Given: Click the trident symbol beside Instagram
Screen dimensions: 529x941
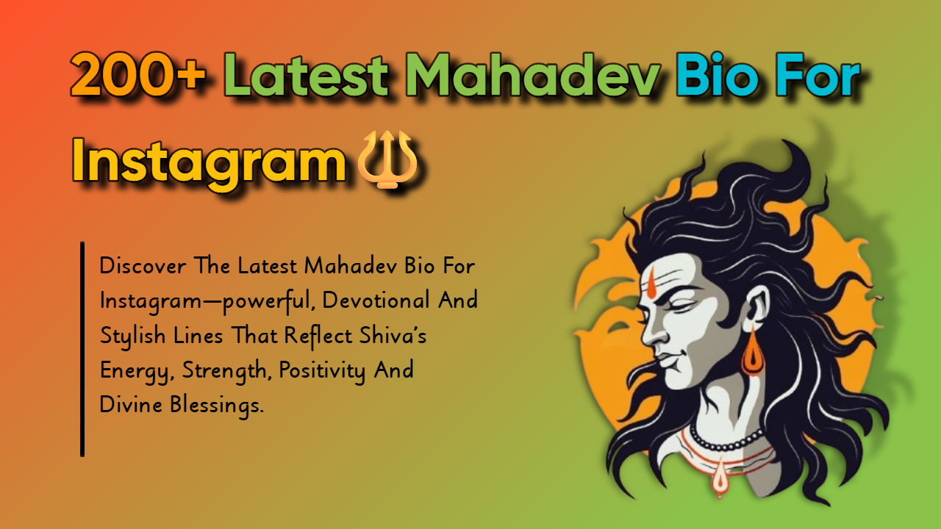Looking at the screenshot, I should tap(387, 159).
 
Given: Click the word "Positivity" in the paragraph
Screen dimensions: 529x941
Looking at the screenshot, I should tap(327, 370).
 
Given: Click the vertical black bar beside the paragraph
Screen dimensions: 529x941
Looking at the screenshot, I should tap(82, 349).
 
